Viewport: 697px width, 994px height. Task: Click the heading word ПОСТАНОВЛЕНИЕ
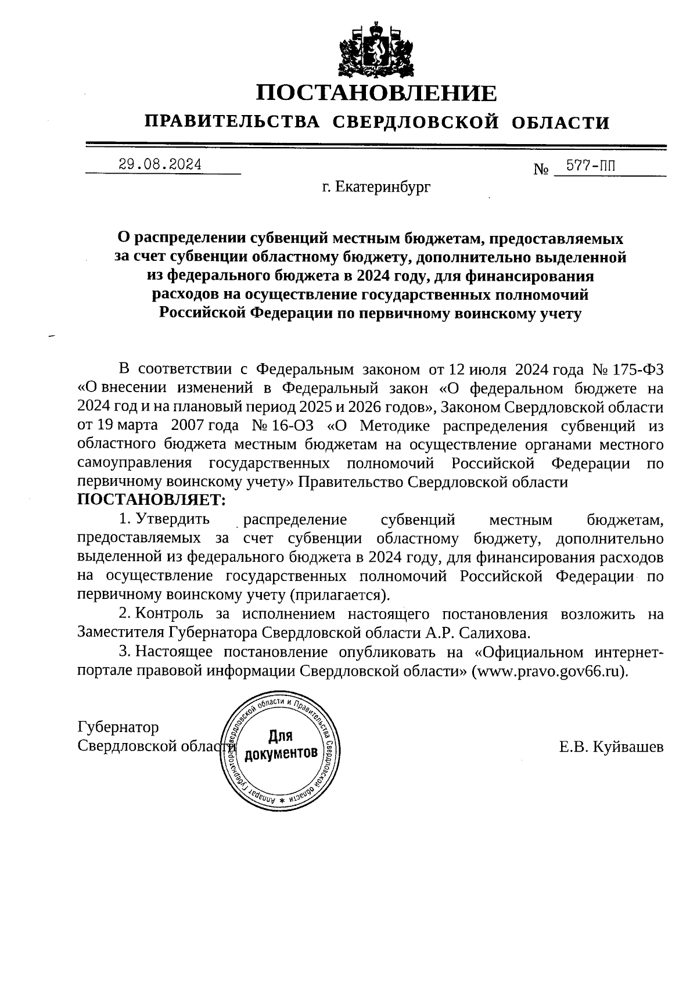click(x=376, y=94)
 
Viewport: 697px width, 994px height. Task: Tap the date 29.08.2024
click(x=160, y=164)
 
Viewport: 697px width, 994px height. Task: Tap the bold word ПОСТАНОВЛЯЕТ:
click(x=150, y=500)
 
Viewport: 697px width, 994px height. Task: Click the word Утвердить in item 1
click(x=172, y=519)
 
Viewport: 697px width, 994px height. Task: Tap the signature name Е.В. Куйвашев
click(x=611, y=747)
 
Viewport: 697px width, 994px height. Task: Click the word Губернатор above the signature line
click(x=118, y=727)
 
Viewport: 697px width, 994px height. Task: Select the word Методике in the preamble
click(x=395, y=425)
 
